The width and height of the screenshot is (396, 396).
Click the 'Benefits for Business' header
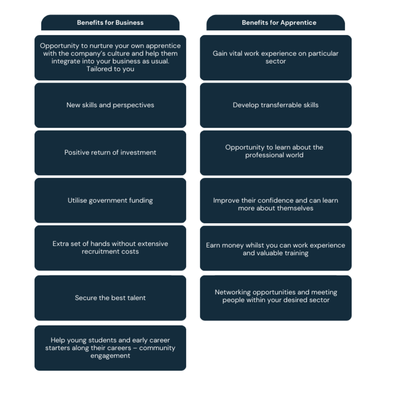pos(111,22)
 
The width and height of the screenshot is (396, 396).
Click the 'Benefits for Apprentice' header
pos(276,22)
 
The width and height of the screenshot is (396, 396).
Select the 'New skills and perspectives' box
pos(111,105)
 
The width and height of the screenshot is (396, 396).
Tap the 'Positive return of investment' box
pos(111,153)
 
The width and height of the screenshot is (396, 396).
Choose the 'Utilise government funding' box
pos(111,200)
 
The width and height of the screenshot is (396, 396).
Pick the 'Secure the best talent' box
pos(111,298)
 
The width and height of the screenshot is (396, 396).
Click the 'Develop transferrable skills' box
pos(276,105)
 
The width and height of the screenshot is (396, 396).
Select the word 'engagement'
pos(111,356)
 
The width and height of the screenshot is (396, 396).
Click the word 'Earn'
pos(213,245)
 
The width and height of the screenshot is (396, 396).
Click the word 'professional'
pos(263,155)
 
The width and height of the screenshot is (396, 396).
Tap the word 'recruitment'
pos(99,252)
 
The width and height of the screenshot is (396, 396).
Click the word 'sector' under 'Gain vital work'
pos(276,61)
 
